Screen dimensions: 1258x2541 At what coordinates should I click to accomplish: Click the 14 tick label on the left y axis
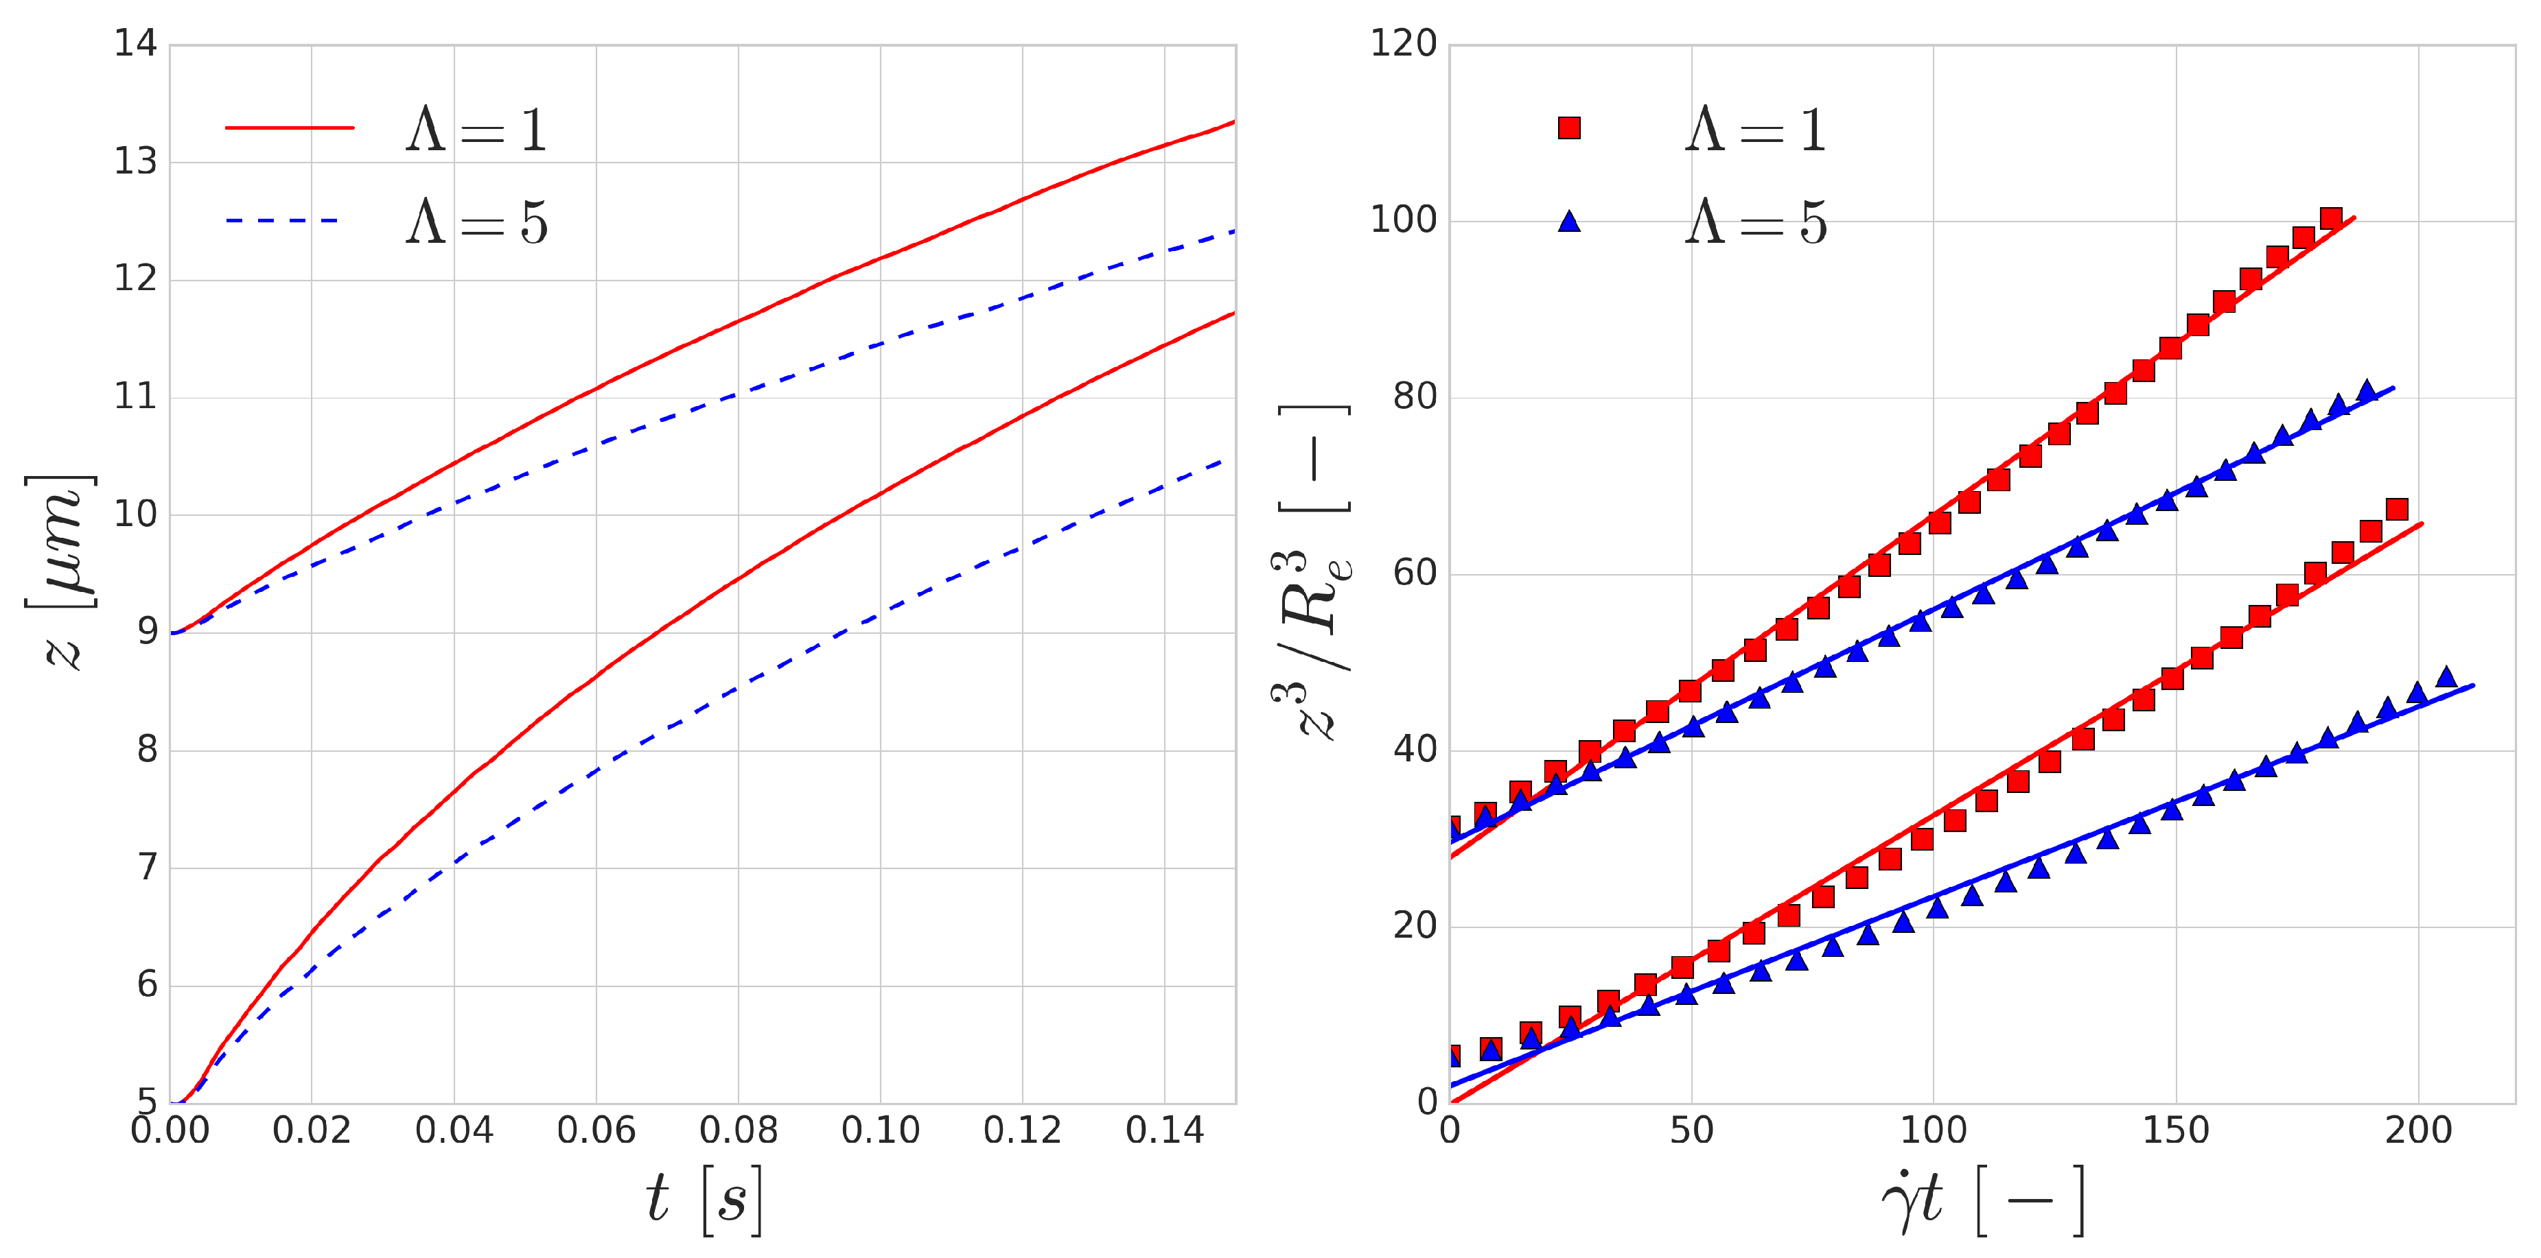pos(135,45)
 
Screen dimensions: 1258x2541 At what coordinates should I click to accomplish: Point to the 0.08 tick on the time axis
pos(738,1130)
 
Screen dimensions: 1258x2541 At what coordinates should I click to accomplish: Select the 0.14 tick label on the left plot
pos(1164,1130)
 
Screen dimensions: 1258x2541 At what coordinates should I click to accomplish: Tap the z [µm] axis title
pos(61,572)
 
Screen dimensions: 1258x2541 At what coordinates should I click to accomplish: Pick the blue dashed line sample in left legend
pos(283,221)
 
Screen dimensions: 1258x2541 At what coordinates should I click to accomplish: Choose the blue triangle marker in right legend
pos(1569,222)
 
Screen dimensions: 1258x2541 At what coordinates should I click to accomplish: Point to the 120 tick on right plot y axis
pos(1403,45)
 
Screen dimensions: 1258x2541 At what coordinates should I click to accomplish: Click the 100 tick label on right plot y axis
pos(1403,220)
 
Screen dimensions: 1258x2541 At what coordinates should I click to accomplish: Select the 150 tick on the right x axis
pos(2175,1130)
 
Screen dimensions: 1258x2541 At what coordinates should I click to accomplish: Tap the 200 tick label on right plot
pos(2417,1130)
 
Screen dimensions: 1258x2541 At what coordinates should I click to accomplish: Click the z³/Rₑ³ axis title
pos(1312,572)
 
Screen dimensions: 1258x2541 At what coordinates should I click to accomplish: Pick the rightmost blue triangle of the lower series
pos(2446,677)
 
